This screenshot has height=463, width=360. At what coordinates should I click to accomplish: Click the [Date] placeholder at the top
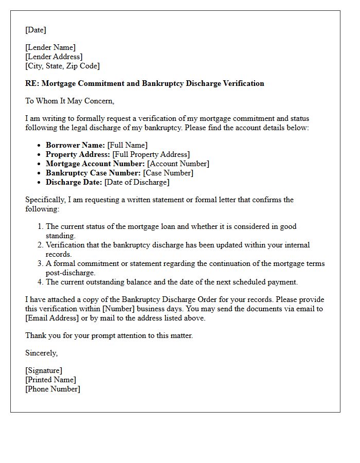tap(35, 30)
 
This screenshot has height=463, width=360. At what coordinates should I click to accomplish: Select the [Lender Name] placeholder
tap(50, 47)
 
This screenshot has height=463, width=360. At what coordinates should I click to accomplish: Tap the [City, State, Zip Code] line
tap(62, 66)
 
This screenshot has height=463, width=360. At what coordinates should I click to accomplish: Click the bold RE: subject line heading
tap(145, 83)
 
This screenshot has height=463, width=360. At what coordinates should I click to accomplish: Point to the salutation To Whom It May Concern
tap(69, 101)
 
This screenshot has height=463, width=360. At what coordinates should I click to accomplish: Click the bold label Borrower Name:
tap(75, 145)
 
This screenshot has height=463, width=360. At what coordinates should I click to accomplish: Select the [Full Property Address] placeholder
tap(151, 154)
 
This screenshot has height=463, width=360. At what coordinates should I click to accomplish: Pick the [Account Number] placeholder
tap(178, 164)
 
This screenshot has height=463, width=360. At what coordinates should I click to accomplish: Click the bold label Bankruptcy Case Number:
tap(93, 173)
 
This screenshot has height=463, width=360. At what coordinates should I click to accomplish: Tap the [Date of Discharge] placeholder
tap(136, 182)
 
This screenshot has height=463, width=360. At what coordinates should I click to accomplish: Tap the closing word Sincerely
tap(41, 353)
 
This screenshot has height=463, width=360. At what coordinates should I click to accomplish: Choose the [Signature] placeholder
tap(44, 370)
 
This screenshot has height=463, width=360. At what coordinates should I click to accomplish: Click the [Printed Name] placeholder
tap(50, 380)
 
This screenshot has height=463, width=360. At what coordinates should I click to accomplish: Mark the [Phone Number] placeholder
tap(52, 389)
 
